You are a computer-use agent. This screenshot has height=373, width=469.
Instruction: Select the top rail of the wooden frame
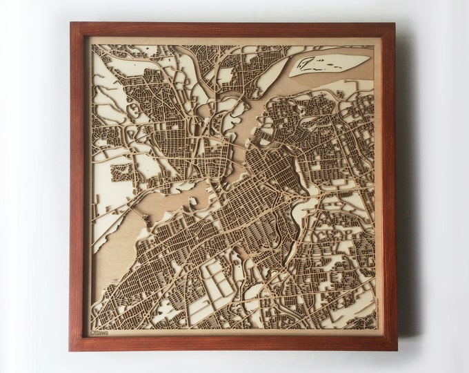[x=234, y=29]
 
